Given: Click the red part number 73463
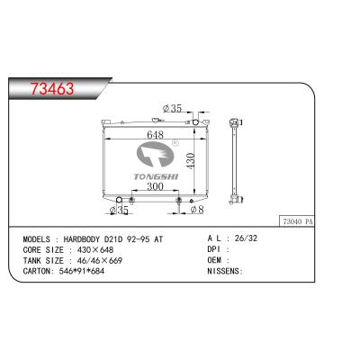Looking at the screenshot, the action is pos(52,89).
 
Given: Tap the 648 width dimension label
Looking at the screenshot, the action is pos(155,135).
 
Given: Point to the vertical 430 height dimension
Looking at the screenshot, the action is pos(190,160).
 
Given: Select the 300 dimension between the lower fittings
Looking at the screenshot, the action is pos(155,186).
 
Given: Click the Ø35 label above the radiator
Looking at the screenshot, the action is pos(172,108).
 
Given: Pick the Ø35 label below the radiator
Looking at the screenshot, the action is pos(119,210).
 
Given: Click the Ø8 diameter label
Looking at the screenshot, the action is pos(197,210).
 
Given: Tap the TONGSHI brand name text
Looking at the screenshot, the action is pos(156,176).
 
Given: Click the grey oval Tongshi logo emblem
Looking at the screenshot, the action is pos(155,154).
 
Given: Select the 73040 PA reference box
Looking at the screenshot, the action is pos(297,221).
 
